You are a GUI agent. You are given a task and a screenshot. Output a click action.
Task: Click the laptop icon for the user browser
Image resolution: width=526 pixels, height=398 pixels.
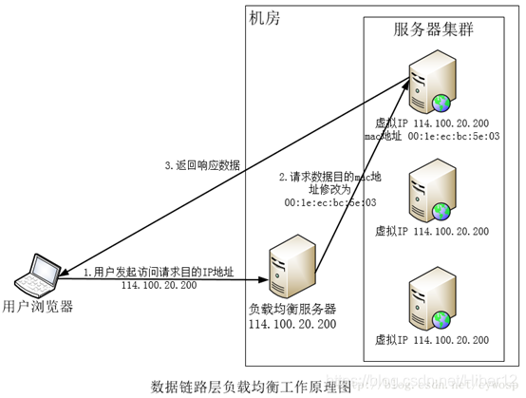coord(40,275)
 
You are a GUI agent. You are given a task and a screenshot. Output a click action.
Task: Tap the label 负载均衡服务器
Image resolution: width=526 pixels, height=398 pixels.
coord(292,310)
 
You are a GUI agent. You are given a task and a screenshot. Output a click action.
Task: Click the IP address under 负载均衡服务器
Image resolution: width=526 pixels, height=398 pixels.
coord(292,325)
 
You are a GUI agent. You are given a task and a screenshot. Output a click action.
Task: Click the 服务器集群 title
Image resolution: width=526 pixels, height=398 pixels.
coord(434,29)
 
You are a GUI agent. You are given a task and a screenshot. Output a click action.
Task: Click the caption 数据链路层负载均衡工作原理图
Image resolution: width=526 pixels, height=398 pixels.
coord(252,386)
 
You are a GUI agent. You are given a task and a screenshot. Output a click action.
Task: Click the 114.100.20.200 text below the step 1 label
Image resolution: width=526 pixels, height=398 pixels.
coord(159,284)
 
